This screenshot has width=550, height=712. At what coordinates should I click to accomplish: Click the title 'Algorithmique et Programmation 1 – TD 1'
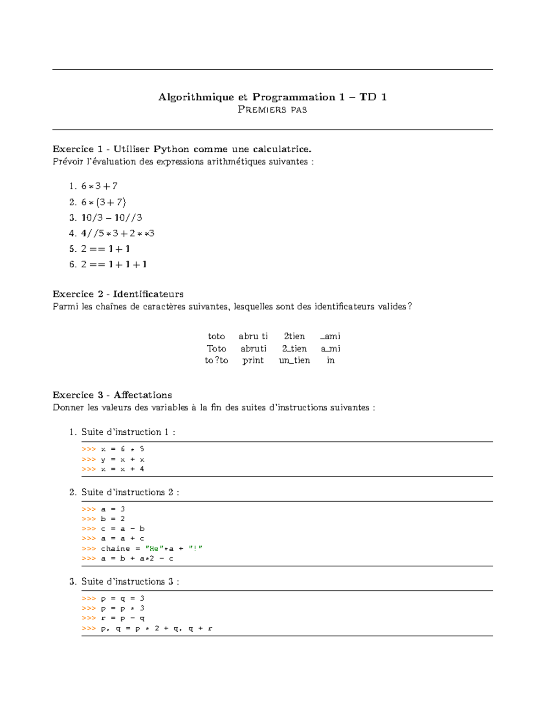272,97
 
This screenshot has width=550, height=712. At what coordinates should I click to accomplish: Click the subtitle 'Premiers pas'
272,110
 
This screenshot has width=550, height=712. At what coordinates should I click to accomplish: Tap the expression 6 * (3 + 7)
104,202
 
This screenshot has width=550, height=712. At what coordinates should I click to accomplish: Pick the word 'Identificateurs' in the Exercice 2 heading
148,294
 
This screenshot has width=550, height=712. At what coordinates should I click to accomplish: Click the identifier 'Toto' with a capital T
216,348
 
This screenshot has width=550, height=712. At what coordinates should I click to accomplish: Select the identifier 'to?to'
216,360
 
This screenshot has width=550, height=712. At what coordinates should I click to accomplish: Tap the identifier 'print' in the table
253,360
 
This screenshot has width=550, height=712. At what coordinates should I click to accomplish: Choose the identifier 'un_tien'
294,360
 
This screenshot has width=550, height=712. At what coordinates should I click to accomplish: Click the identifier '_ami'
330,337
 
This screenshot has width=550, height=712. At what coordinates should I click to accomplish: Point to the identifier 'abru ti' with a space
253,337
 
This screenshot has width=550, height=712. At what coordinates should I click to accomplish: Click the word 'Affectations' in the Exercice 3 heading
143,395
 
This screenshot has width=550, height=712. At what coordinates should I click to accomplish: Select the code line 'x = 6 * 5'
122,449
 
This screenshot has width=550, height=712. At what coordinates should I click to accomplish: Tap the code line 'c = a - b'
122,529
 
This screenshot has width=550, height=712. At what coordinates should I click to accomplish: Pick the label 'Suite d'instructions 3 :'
130,581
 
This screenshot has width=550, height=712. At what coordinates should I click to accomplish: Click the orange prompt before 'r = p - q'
88,618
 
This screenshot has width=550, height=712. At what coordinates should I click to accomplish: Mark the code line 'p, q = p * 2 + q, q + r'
156,629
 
